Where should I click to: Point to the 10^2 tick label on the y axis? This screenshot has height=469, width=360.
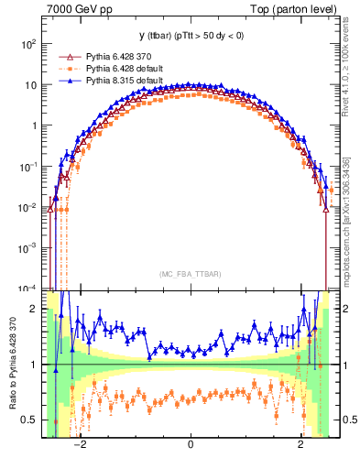[x=29, y=44]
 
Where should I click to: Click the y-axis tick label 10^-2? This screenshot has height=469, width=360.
[x=29, y=207]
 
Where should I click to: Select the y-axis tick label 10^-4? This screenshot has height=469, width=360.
[x=29, y=289]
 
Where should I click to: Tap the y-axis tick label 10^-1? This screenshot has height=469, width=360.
[x=29, y=167]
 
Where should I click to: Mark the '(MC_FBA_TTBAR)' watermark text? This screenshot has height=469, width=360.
[x=191, y=274]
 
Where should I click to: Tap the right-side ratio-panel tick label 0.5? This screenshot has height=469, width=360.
[x=349, y=420]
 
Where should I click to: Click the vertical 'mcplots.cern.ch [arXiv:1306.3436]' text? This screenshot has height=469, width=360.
[x=348, y=219]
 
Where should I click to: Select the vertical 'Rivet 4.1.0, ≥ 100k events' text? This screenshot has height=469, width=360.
[x=348, y=79]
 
